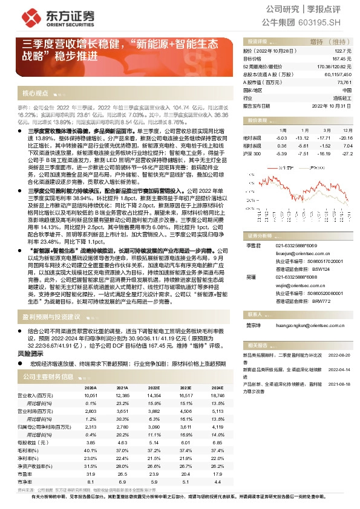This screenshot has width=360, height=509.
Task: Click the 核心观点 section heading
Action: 35,93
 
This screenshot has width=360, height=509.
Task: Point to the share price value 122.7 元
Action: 344,52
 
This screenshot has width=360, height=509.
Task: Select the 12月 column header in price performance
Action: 346,130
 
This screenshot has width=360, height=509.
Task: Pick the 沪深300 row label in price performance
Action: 252,154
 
